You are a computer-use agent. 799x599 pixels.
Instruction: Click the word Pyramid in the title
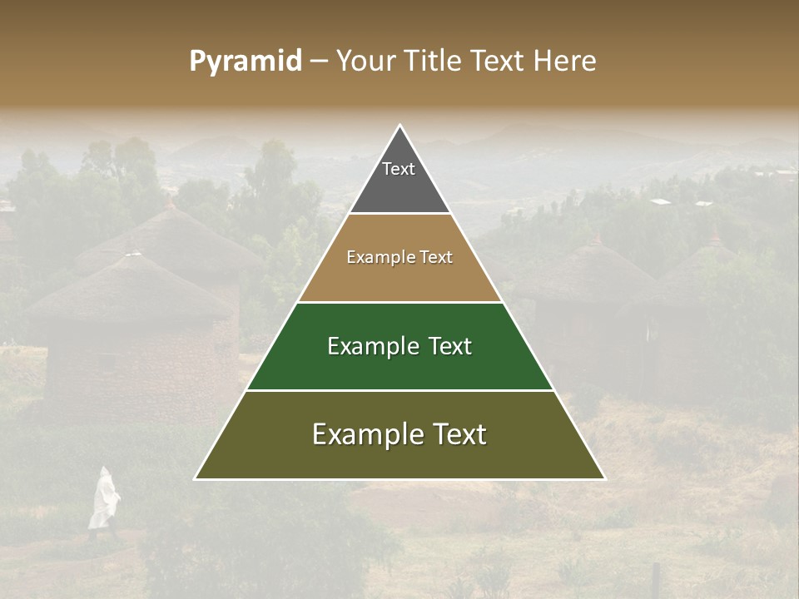245,62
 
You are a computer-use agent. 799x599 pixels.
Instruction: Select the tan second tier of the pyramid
399,279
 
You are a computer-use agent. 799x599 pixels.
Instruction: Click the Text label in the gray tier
399,169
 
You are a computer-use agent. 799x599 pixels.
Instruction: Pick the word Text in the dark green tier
449,346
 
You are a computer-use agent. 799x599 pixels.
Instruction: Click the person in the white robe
103,499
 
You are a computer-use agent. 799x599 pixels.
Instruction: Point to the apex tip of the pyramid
399,126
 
